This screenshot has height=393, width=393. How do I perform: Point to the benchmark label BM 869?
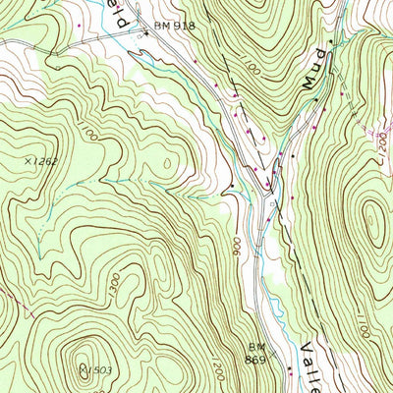tap(257, 353)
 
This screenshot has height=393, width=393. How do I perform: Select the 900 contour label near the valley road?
tap(240, 246)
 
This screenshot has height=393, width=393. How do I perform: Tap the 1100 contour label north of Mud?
tap(245, 70)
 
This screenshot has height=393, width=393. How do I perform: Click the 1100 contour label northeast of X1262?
tap(91, 133)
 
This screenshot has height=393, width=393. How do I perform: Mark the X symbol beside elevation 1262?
tap(26, 159)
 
